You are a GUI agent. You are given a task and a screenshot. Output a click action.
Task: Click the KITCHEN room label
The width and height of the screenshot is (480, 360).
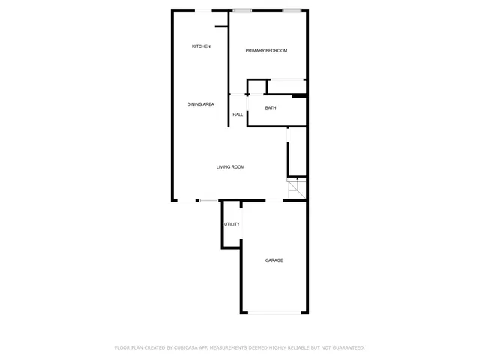coord(201,46)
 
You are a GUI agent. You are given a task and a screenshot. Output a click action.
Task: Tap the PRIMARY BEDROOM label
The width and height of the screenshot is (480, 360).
coord(266,50)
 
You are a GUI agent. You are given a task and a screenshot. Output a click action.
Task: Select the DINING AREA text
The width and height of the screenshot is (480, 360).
coord(201,104)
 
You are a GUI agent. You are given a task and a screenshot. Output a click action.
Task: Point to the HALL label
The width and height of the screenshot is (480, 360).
coord(238,115)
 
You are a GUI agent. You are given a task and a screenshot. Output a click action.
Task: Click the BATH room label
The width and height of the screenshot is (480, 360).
coord(271,108)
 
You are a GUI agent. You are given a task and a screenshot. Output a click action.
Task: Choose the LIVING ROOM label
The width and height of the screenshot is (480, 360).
coord(231,167)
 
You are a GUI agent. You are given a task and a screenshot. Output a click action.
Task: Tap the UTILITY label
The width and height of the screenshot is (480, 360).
coord(232,224)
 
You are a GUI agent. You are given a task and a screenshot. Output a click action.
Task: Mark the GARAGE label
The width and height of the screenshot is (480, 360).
coord(274,260)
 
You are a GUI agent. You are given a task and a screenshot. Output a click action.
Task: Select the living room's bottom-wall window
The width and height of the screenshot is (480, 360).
coord(208,200)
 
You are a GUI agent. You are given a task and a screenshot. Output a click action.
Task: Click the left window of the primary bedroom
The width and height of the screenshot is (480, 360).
coord(242,10)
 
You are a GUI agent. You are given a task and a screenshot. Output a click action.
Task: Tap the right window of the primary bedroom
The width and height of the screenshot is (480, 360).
coord(292,10)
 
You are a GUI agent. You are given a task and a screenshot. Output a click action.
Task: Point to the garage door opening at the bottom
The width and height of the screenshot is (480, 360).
coord(274,313)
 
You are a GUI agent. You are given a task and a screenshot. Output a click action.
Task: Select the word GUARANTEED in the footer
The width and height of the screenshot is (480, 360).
coord(346,347)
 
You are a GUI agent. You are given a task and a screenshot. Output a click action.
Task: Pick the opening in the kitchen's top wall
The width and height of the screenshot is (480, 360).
coord(203,10)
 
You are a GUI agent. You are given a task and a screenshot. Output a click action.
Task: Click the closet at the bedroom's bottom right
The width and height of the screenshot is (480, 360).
coord(286,86)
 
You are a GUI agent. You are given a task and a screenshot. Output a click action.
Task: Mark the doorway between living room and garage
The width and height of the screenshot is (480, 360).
coord(274,200)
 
